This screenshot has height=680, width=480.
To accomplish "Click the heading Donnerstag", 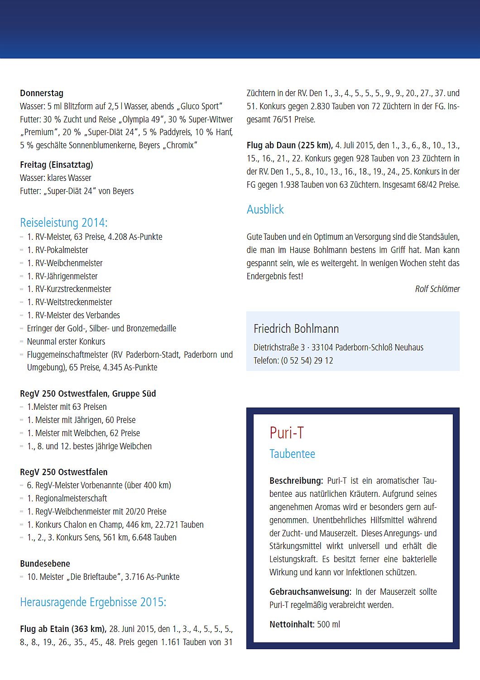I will [42, 93].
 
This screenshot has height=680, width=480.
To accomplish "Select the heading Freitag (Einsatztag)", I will [57, 165].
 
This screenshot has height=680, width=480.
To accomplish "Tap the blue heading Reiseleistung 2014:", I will [64, 223].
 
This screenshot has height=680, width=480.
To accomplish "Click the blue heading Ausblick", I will [265, 209].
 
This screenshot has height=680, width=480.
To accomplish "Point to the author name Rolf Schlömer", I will [437, 289].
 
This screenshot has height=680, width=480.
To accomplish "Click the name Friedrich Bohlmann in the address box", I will [296, 329].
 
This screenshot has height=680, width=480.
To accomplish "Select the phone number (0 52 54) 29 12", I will [307, 361].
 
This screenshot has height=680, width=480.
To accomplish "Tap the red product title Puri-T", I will [287, 433].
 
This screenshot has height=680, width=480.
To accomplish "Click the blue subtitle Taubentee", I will [292, 454].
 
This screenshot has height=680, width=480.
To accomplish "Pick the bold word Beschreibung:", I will [296, 481].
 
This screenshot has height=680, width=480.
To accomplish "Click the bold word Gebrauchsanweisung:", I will [310, 592].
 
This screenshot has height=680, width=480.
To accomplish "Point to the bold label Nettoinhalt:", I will [292, 624].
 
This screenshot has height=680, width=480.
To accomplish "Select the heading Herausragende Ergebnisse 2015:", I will [93, 602].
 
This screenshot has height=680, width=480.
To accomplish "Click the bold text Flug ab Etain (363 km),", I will [63, 629].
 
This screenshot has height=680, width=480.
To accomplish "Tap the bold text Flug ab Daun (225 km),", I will [289, 146].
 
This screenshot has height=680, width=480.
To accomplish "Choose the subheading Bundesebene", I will [45, 564].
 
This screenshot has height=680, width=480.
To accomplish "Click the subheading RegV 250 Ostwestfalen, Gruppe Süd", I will [88, 394].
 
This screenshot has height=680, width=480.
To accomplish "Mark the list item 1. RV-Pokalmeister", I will [58, 250].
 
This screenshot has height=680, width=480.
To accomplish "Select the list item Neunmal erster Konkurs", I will [66, 342].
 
